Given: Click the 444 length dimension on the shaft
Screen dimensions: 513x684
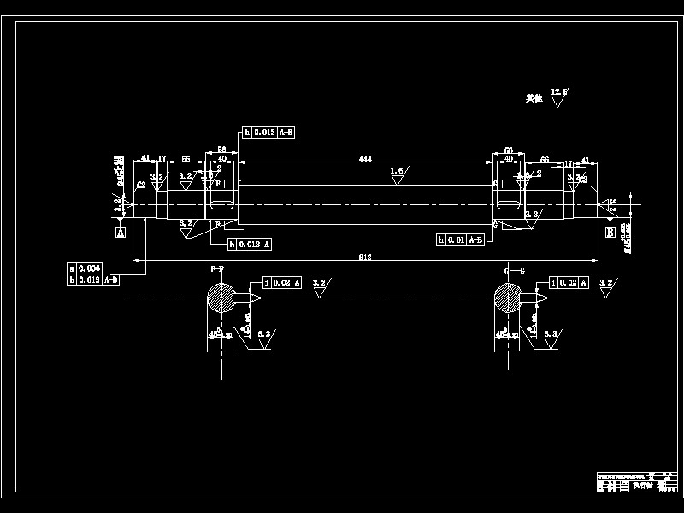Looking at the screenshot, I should [x=365, y=159].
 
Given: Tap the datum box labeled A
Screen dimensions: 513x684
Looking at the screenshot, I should [x=121, y=232].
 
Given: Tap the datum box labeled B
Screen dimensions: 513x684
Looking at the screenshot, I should [x=610, y=233].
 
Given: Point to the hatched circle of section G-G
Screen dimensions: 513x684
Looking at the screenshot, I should [x=507, y=298].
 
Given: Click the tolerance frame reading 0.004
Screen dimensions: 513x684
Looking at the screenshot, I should [x=86, y=268].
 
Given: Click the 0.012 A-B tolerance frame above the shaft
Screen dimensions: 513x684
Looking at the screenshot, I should [x=269, y=132].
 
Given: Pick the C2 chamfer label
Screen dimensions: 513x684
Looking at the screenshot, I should [x=140, y=183].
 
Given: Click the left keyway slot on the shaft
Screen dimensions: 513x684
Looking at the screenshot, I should [x=222, y=205].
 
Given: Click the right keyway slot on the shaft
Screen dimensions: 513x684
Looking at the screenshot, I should [x=509, y=205].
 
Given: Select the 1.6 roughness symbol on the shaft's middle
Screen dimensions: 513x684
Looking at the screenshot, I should [x=398, y=174].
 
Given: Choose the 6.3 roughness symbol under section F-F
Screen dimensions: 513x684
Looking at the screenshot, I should [x=264, y=338].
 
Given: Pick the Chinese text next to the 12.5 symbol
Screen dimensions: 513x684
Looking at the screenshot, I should [x=535, y=98].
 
